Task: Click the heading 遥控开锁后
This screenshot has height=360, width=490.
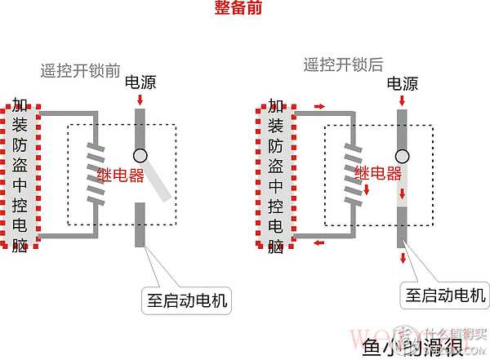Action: pos(344,64)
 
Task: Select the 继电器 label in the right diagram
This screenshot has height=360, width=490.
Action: pos(378,173)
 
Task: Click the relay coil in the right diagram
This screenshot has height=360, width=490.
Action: pos(354,173)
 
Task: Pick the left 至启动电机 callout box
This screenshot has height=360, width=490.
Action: pos(185,300)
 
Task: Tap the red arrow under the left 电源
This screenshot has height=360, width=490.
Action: pos(140,100)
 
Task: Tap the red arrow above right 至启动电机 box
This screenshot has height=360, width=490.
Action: pos(402,259)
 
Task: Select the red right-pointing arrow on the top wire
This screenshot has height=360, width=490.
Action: pos(318,105)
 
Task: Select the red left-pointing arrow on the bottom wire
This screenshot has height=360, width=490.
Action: pos(318,242)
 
